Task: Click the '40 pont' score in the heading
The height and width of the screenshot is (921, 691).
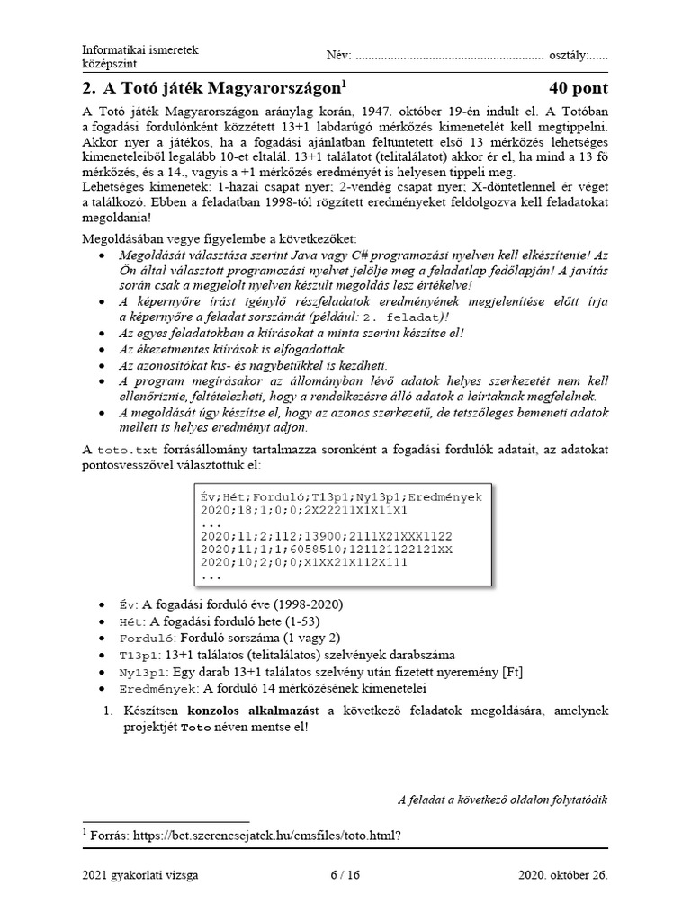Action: click(578, 88)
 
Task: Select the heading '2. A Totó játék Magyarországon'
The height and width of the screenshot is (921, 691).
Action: click(213, 88)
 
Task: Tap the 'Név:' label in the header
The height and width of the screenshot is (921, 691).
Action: click(337, 56)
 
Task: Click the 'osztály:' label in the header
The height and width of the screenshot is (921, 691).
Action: click(565, 56)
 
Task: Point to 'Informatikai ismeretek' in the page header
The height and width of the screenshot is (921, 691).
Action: click(140, 49)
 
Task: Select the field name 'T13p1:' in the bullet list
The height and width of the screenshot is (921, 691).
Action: click(139, 655)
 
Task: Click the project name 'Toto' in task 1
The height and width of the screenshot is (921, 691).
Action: click(194, 727)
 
